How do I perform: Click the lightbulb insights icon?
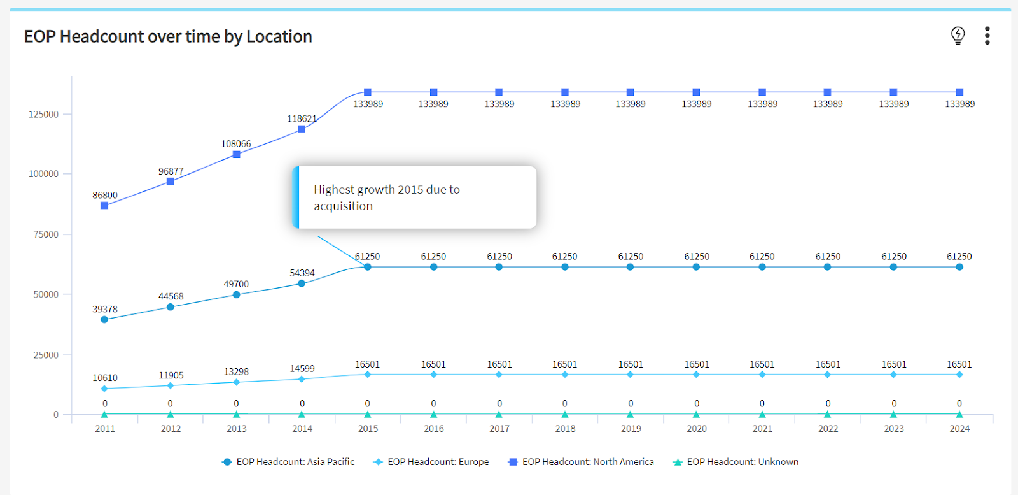(x=958, y=36)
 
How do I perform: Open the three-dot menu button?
(x=987, y=36)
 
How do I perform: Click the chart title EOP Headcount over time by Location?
(x=168, y=36)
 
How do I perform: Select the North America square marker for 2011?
(x=104, y=206)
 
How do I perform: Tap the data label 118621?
(x=302, y=118)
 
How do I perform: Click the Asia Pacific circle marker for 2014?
(x=302, y=283)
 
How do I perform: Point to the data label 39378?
(x=105, y=310)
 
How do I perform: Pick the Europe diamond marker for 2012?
(x=171, y=386)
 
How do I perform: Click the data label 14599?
(x=302, y=368)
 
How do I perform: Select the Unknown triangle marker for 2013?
(x=236, y=414)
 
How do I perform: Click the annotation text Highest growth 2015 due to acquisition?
(x=387, y=197)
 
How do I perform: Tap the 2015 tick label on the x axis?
(x=368, y=429)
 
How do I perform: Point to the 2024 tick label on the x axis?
(x=959, y=429)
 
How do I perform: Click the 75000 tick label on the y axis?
(x=46, y=234)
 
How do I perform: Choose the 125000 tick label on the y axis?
(x=44, y=114)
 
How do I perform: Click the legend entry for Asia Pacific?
(x=288, y=462)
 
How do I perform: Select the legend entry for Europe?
(x=431, y=462)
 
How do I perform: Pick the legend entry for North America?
(x=581, y=462)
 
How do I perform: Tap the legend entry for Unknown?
(x=736, y=462)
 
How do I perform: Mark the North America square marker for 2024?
(x=959, y=92)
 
